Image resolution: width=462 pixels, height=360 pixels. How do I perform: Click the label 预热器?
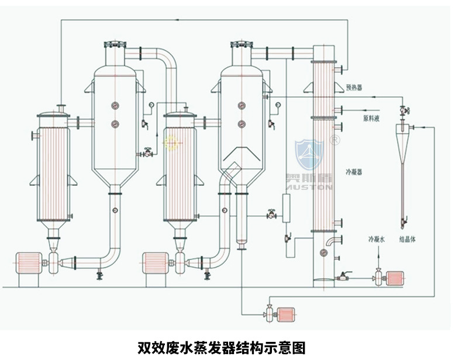tap(354, 87)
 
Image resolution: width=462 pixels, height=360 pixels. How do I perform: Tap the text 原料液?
tap(371, 118)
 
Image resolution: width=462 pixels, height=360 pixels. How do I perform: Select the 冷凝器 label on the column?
tap(354, 172)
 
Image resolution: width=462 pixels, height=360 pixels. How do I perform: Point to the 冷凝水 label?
tap(377, 240)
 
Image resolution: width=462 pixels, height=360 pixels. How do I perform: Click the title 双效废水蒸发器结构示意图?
tap(221, 348)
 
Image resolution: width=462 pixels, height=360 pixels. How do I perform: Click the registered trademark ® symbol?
tap(335, 140)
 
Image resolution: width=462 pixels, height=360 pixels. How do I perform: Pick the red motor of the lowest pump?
tap(286, 315)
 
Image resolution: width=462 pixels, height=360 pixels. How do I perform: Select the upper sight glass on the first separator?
tap(114, 105)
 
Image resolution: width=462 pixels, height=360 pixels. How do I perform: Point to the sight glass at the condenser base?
tap(323, 252)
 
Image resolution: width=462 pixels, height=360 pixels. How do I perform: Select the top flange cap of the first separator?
tap(114, 44)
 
